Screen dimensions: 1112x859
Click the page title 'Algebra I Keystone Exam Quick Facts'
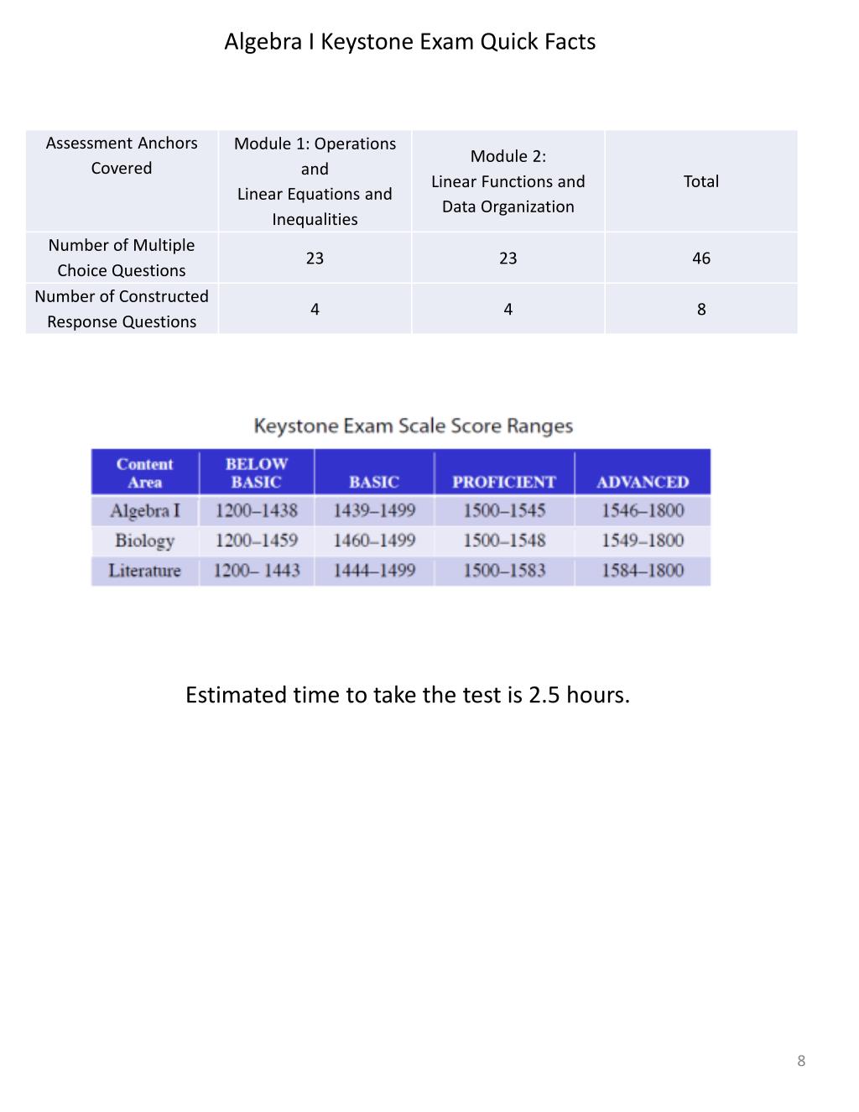(409, 42)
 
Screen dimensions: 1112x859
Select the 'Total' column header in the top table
(700, 181)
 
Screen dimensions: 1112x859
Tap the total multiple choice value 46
(700, 258)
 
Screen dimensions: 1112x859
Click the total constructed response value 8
(700, 310)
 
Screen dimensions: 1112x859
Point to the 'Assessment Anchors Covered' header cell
(122, 155)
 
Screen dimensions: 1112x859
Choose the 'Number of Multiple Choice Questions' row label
(122, 258)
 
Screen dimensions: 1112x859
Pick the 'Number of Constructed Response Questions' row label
(122, 309)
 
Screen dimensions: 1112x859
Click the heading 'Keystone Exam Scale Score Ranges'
(413, 426)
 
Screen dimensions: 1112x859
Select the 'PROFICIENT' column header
(503, 482)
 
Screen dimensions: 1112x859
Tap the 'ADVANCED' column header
(643, 482)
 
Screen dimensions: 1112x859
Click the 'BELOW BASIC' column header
(256, 472)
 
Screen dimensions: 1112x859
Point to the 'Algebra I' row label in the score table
(144, 510)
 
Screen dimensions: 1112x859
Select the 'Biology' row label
(144, 540)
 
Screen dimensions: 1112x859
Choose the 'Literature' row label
(144, 571)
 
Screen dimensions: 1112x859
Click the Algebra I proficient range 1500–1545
(503, 510)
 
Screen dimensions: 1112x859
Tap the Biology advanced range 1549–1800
(643, 540)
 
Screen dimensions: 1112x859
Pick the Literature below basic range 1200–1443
(256, 571)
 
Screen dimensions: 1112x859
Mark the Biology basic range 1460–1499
(374, 540)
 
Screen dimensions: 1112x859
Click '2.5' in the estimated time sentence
(544, 696)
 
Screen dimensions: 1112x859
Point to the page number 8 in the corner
(801, 1061)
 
